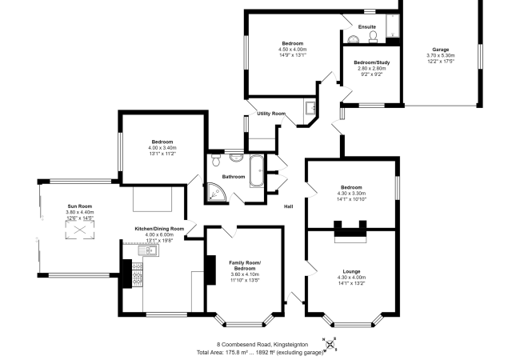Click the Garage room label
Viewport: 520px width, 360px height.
[x=442, y=49]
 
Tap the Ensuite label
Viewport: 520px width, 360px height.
[x=367, y=27]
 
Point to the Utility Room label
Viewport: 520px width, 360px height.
[x=271, y=114]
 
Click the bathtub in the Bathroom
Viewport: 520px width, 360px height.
[x=256, y=170]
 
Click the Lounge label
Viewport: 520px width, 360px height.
[x=352, y=272]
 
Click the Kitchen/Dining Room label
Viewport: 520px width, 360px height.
[x=159, y=229]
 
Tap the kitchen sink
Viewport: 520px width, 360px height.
[x=149, y=251]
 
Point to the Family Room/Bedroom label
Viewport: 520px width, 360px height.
[x=245, y=266]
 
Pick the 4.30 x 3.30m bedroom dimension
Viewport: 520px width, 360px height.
[x=352, y=193]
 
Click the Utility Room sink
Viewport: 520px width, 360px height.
[x=310, y=108]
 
